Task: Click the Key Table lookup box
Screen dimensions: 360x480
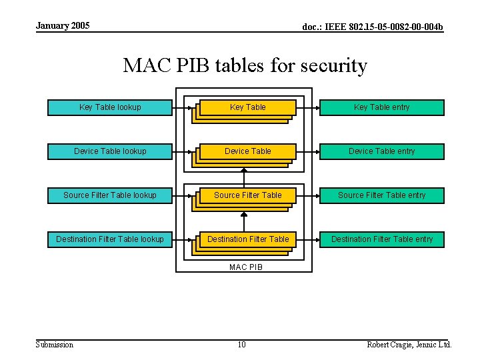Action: [x=110, y=107]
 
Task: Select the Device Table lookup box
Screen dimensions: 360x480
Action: [x=110, y=151]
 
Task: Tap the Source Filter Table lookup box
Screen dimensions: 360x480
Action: [x=110, y=195]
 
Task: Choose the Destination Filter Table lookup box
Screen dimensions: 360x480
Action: [x=110, y=239]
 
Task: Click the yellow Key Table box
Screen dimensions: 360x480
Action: [x=248, y=107]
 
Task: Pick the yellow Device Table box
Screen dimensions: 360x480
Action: [x=248, y=151]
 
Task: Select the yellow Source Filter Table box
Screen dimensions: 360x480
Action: [x=248, y=195]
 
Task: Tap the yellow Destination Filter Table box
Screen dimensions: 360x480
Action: [x=248, y=239]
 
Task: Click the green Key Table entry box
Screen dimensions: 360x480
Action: [x=382, y=107]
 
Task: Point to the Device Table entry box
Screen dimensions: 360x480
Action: [x=382, y=151]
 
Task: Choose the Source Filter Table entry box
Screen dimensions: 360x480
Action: [x=382, y=195]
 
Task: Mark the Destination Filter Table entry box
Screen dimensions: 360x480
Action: [x=382, y=239]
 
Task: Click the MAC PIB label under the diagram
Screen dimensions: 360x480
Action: [x=246, y=267]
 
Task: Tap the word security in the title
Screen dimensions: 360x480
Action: [x=335, y=66]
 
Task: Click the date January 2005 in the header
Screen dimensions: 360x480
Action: [x=63, y=26]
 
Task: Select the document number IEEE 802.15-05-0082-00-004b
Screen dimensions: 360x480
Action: [x=373, y=27]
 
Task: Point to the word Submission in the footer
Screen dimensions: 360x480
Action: [x=55, y=345]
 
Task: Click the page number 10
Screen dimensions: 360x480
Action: [x=241, y=345]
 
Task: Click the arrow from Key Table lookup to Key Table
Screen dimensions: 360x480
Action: [x=185, y=107]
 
